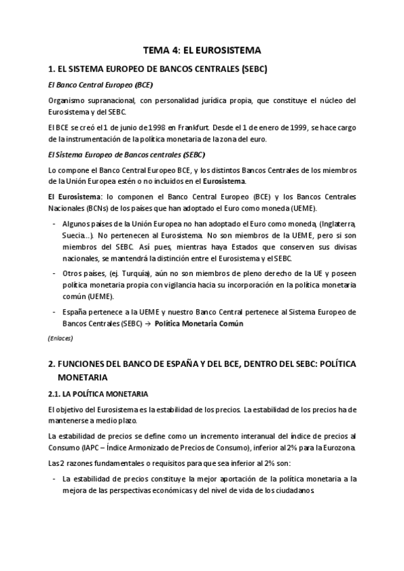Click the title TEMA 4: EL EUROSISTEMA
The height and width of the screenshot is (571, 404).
point(202,50)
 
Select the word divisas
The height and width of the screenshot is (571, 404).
point(342,246)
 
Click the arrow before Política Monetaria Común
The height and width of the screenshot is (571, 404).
point(146,323)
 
